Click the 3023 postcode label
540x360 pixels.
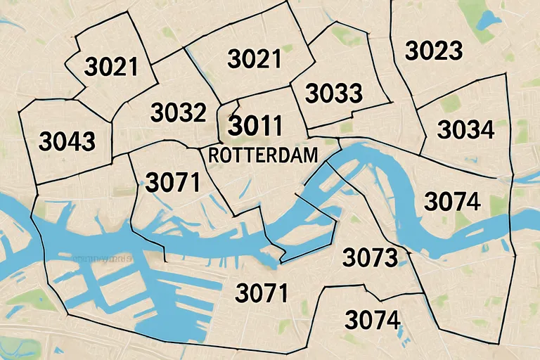(x=434, y=51)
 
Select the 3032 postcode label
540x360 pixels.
(x=179, y=112)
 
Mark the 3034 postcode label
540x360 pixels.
(x=465, y=129)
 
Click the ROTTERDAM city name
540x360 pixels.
(x=262, y=155)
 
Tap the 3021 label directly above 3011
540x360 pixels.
(x=255, y=59)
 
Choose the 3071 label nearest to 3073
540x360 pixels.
(x=262, y=292)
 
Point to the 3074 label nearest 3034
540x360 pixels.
(x=453, y=202)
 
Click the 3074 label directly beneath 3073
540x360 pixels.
(x=373, y=320)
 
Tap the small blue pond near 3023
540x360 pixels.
(x=486, y=18)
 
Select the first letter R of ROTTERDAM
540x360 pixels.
(x=214, y=155)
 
